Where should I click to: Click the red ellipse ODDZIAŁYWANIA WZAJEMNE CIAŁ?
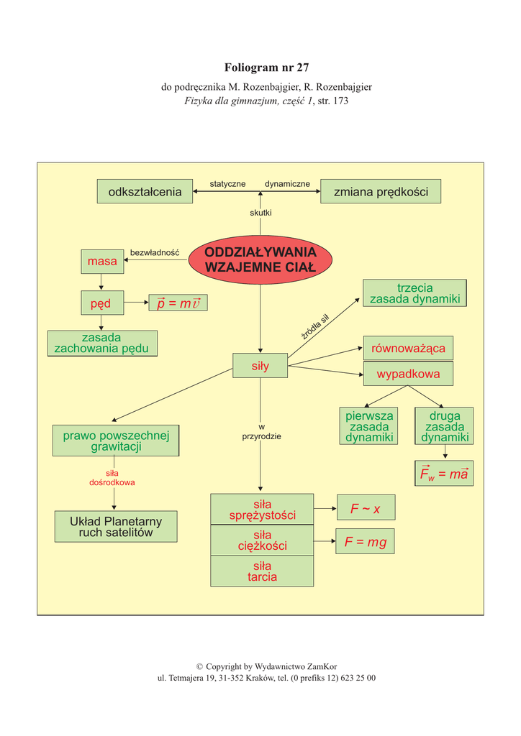click(x=260, y=259)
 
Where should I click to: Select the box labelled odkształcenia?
click(x=145, y=192)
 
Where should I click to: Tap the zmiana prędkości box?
click(x=381, y=192)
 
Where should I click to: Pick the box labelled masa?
click(x=102, y=262)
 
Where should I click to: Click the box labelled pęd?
click(x=101, y=303)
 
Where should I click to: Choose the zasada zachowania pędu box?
click(x=102, y=343)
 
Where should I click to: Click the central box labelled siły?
click(x=260, y=366)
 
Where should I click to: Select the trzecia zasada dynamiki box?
click(x=414, y=293)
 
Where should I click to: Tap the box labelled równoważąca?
click(x=408, y=349)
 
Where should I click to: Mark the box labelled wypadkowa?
click(x=408, y=374)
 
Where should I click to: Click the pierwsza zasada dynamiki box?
click(x=369, y=426)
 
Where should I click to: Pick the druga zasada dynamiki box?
click(x=445, y=426)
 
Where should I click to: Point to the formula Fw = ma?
click(x=444, y=474)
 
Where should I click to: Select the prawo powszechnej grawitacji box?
click(x=116, y=441)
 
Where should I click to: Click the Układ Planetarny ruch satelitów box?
click(x=116, y=527)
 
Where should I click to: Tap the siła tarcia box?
click(x=262, y=571)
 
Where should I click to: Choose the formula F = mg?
click(x=365, y=542)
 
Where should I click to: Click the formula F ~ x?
click(x=366, y=509)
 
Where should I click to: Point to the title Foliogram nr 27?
click(x=266, y=68)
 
